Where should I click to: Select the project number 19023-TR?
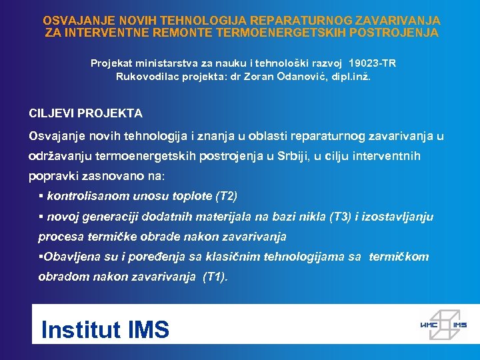(371, 63)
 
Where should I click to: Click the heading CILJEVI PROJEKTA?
(85, 114)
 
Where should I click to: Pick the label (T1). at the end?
(215, 277)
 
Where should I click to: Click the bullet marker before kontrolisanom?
(41, 197)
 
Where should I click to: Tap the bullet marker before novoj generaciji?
(41, 217)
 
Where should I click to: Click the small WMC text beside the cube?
(427, 325)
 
